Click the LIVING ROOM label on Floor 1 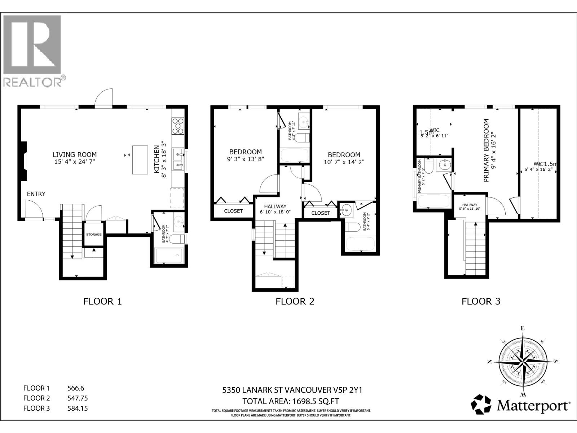75,154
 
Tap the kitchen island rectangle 140,159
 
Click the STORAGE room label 94,235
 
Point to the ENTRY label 36,194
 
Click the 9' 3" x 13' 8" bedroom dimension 245,159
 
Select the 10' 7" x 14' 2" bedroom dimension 344,162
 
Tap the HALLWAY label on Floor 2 275,206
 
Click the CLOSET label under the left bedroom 233,211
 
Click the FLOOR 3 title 481,301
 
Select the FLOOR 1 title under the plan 102,301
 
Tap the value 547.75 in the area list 78,398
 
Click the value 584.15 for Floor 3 78,408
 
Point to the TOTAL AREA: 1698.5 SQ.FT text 291,401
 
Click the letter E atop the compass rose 522,328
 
